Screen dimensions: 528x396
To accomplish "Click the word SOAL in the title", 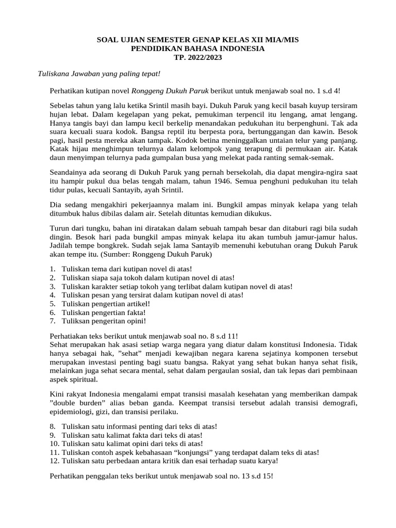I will [x=108, y=40].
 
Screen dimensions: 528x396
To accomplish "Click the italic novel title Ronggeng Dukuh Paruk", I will [x=171, y=91].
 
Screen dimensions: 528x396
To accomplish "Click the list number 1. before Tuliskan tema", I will [x=53, y=270].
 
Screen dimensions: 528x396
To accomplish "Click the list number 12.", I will [x=54, y=460].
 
